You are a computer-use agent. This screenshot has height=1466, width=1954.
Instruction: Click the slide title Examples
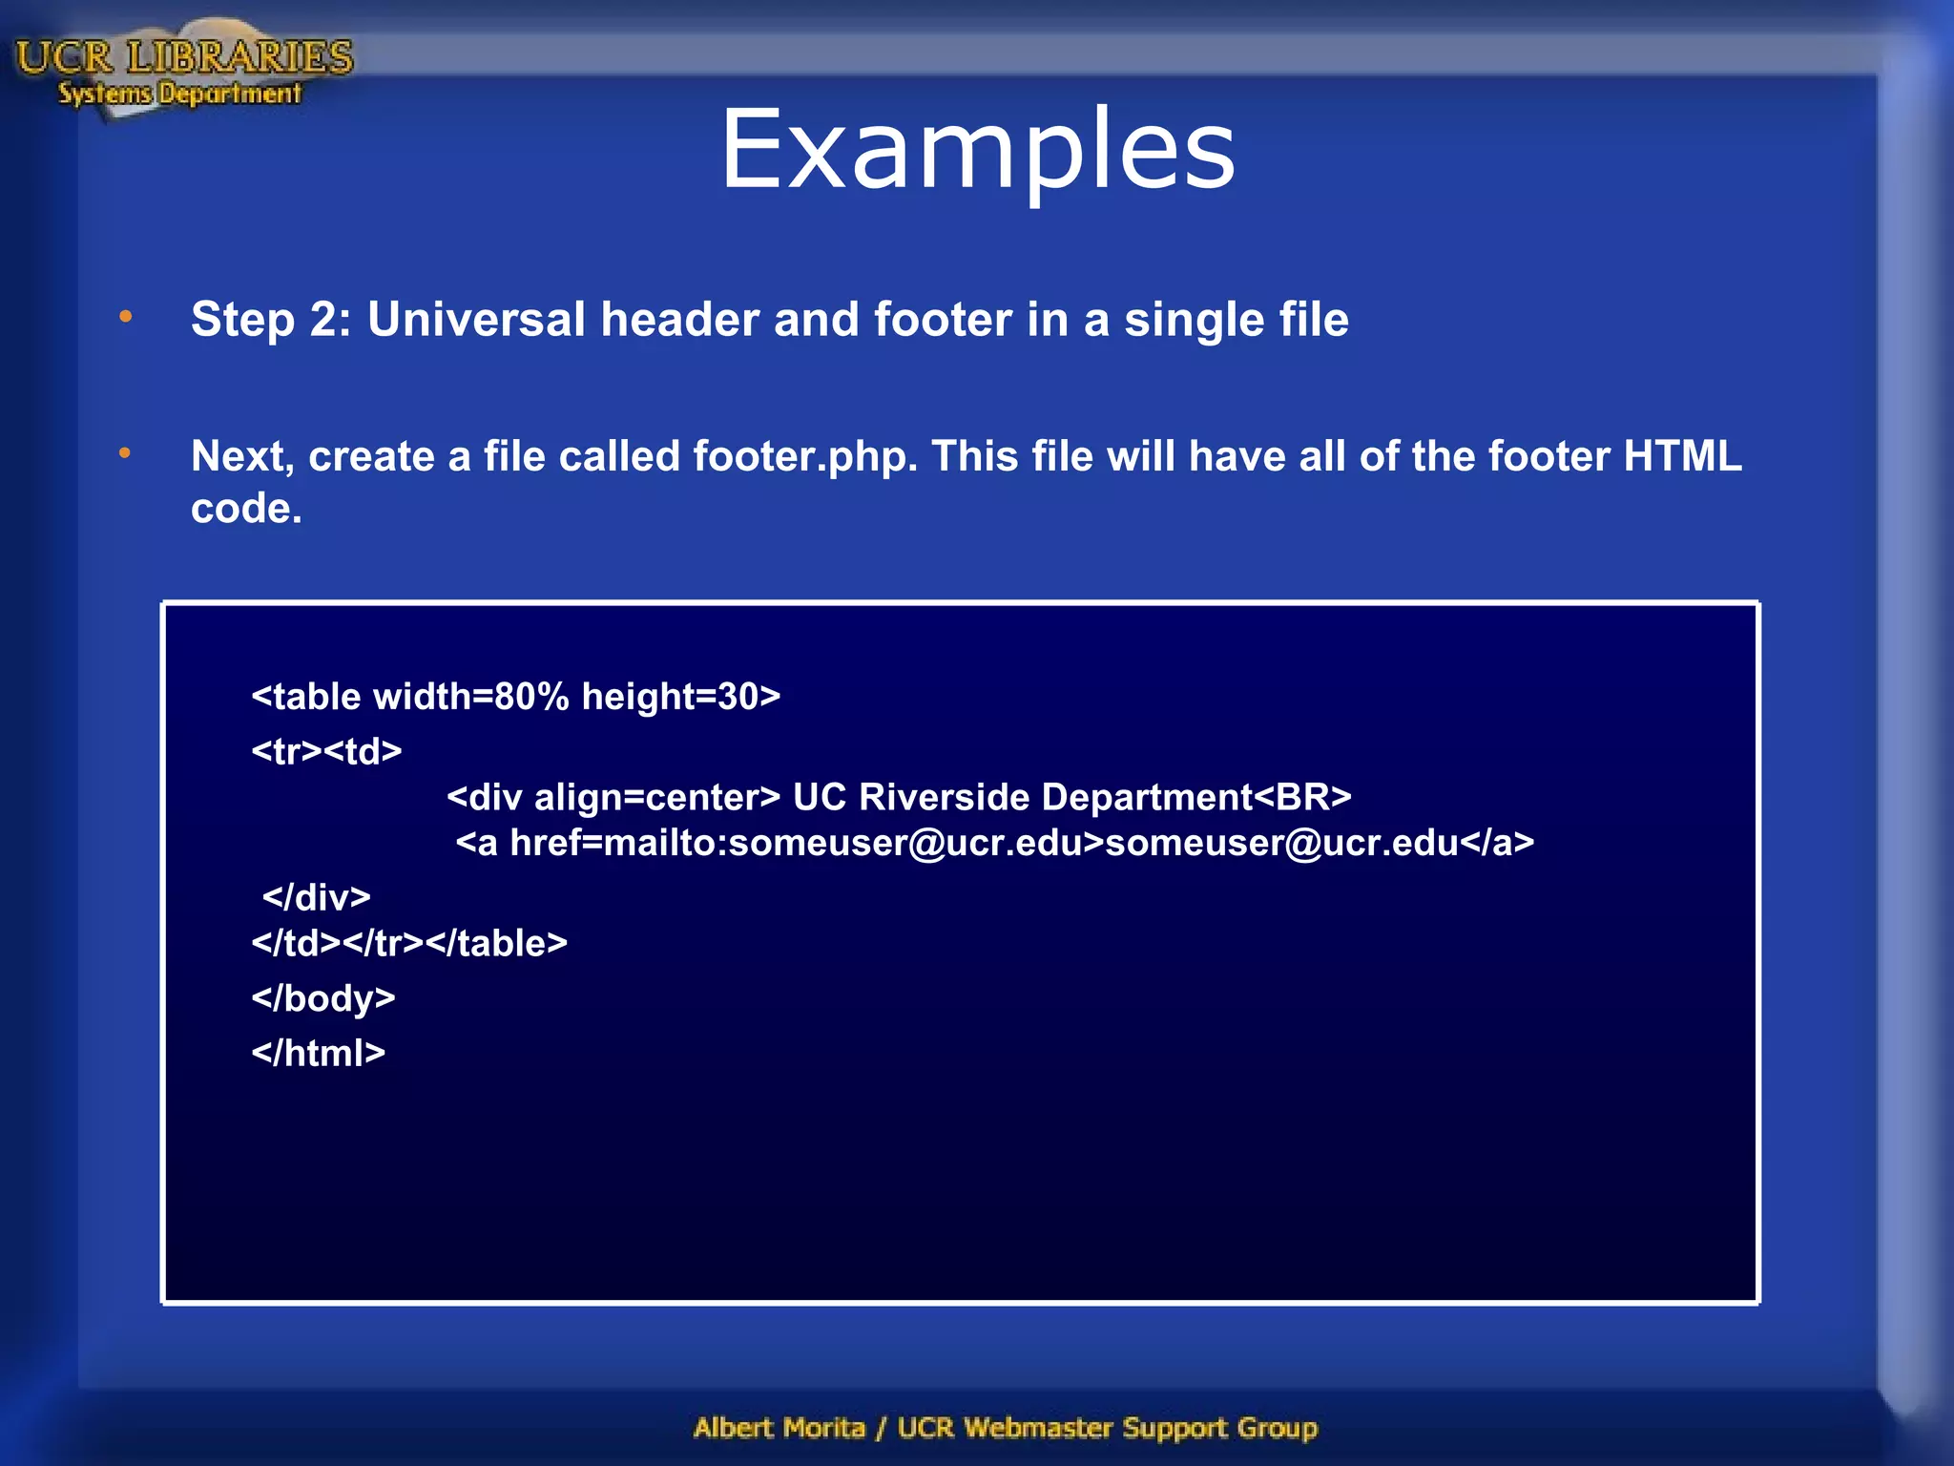(977, 150)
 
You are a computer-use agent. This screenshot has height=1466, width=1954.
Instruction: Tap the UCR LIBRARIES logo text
(184, 57)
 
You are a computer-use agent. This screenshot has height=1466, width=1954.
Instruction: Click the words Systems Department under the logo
(179, 94)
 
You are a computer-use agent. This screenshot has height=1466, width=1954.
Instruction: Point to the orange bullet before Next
(126, 454)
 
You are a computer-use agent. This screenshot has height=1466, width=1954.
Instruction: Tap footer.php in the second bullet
(804, 456)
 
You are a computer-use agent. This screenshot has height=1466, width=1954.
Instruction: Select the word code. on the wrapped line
(246, 508)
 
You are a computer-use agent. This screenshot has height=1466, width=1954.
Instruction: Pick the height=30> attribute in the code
(680, 697)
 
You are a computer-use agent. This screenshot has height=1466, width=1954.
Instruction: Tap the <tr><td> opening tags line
(326, 751)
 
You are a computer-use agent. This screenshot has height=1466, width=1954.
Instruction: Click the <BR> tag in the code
(1302, 797)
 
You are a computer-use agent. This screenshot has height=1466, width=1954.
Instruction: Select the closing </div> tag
(316, 897)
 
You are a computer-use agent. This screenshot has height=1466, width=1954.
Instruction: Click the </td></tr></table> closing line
(408, 943)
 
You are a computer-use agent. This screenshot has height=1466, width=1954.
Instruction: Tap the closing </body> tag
(322, 997)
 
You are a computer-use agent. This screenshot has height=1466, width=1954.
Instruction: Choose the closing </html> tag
(318, 1053)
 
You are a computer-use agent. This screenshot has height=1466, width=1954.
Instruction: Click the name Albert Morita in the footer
(779, 1428)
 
